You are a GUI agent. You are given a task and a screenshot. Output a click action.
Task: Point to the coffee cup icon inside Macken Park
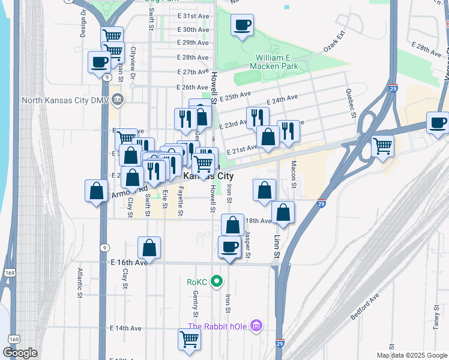[243, 25]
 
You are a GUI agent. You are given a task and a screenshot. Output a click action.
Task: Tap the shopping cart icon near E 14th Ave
[189, 339]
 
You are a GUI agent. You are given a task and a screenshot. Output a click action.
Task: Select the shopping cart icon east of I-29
[382, 146]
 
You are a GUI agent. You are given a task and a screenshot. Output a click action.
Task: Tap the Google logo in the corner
[20, 353]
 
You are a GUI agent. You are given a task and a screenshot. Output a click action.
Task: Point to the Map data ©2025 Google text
[412, 355]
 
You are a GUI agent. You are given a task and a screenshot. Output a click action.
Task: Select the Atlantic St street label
[79, 283]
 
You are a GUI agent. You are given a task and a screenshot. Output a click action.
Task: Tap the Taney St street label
[436, 311]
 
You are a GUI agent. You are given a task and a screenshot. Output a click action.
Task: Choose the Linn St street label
[277, 246]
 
